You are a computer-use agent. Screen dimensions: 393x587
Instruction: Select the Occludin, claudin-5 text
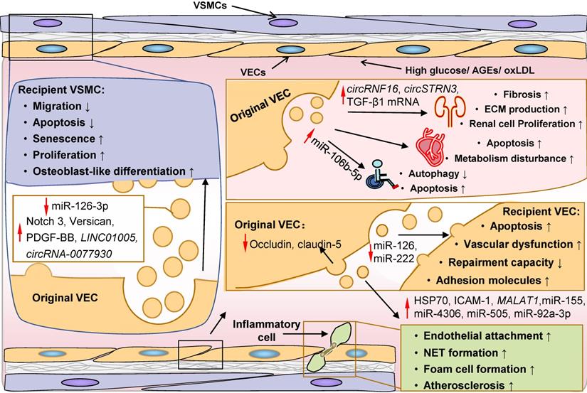click(291, 244)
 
